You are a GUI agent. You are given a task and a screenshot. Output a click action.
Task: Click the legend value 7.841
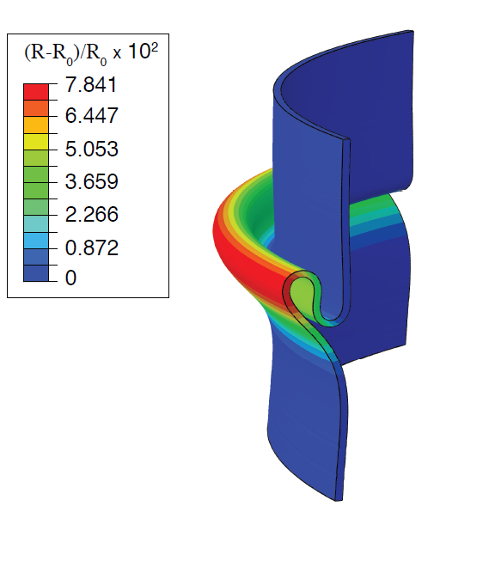pyautogui.click(x=91, y=84)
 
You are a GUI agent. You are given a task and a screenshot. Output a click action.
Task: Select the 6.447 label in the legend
pyautogui.click(x=92, y=115)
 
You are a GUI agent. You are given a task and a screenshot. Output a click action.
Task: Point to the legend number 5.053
pyautogui.click(x=92, y=149)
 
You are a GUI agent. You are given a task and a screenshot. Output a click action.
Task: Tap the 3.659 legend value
pyautogui.click(x=92, y=181)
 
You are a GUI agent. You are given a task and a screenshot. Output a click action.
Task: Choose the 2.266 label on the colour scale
pyautogui.click(x=92, y=214)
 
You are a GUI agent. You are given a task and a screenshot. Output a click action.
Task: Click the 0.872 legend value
pyautogui.click(x=92, y=247)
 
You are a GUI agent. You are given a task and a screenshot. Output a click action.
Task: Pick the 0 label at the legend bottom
pyautogui.click(x=70, y=278)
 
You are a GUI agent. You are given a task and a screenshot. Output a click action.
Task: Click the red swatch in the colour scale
pyautogui.click(x=36, y=92)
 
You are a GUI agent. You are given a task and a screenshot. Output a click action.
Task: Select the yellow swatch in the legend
pyautogui.click(x=36, y=142)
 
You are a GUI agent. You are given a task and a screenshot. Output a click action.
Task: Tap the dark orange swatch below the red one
pyautogui.click(x=36, y=108)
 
